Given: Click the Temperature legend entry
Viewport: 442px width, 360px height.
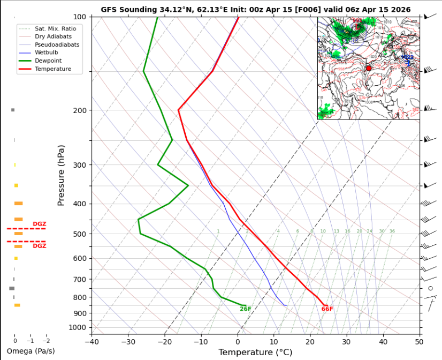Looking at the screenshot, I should [x=52, y=69].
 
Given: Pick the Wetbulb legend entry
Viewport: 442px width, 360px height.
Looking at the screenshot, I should [x=48, y=52].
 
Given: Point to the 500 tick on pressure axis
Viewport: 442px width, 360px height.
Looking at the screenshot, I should [x=79, y=234].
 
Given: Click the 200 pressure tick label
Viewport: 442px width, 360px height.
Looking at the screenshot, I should [x=79, y=110].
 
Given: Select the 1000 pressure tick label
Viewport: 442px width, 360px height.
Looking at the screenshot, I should [x=77, y=327].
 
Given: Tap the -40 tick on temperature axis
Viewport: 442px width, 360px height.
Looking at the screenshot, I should [x=92, y=341].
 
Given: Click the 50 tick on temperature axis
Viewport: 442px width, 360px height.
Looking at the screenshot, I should [x=419, y=341].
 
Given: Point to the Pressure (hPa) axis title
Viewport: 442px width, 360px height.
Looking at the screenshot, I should [x=61, y=175].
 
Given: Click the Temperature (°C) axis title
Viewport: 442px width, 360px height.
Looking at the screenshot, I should [x=255, y=352].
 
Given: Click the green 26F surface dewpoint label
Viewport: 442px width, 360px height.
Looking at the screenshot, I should [x=246, y=309].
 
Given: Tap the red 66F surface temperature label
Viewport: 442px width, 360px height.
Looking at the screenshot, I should [x=327, y=309].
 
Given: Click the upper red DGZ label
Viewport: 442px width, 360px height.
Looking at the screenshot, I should [x=39, y=224].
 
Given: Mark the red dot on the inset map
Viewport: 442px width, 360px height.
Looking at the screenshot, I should [x=369, y=69].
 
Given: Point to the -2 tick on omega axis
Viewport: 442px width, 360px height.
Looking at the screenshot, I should [x=47, y=341].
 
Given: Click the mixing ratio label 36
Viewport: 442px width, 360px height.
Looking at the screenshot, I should [x=392, y=231].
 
